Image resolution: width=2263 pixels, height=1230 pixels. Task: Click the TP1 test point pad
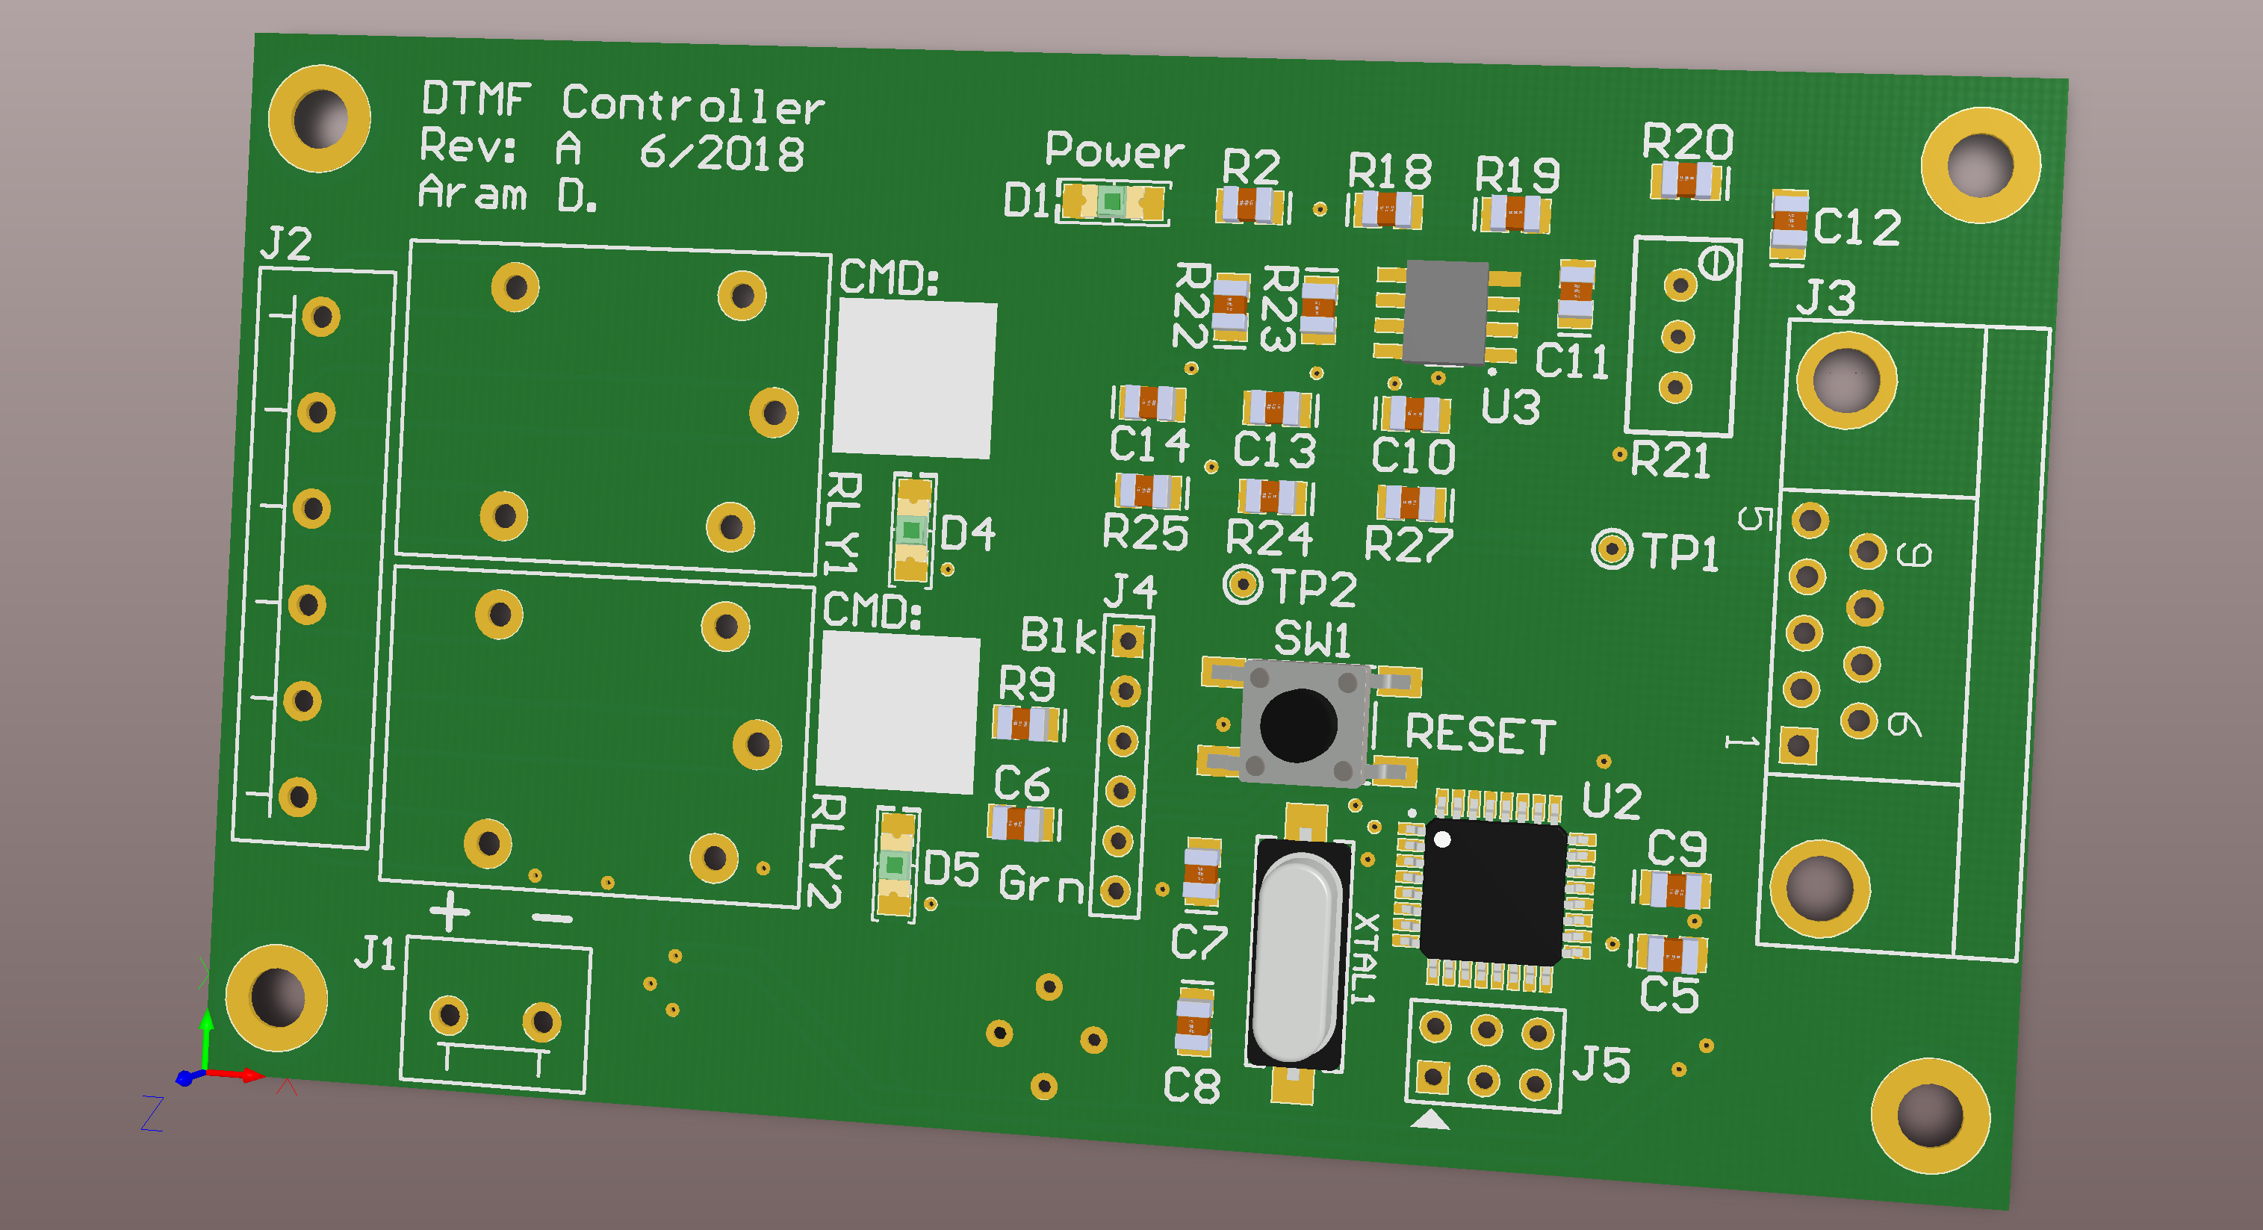(1610, 549)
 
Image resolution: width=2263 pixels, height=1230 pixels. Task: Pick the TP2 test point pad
(1242, 583)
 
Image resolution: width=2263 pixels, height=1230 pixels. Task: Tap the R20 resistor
(1686, 182)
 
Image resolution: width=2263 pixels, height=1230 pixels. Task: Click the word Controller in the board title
(692, 105)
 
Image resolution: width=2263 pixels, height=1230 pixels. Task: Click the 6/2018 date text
(721, 153)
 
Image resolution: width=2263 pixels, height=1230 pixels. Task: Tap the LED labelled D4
(912, 529)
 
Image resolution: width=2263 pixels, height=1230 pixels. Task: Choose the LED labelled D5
(895, 865)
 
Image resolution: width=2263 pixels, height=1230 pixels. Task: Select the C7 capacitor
(1201, 872)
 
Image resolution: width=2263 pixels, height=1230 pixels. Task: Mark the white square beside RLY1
(913, 379)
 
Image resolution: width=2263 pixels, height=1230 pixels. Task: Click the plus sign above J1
(450, 911)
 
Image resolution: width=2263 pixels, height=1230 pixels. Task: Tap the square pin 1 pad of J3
(1798, 745)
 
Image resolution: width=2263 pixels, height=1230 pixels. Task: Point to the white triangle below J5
(1430, 1119)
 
